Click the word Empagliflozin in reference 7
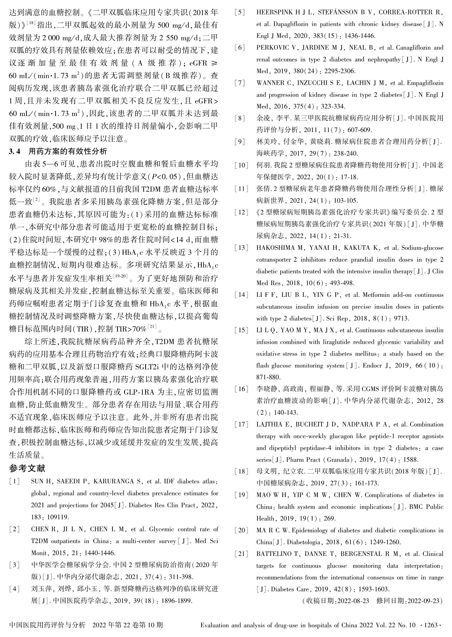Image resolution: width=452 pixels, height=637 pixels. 424,83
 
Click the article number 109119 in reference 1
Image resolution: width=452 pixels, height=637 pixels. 58,517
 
